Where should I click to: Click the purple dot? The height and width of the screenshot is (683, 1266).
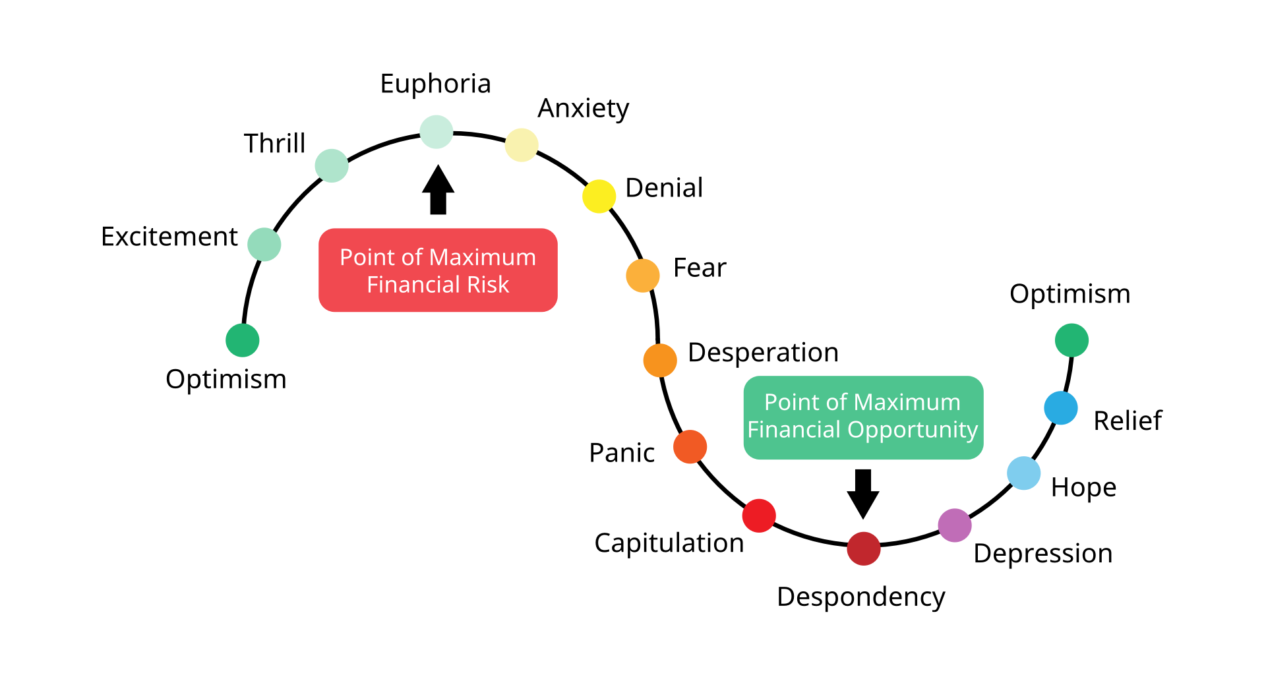[954, 525]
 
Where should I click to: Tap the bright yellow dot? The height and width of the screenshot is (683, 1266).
[599, 196]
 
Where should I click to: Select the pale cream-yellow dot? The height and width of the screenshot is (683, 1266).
[522, 145]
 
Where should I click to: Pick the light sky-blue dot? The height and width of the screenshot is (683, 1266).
[1023, 473]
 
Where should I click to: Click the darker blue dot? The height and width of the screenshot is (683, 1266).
[1060, 408]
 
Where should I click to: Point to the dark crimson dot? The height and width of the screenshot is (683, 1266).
[863, 549]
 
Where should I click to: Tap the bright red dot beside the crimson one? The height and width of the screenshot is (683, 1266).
[759, 516]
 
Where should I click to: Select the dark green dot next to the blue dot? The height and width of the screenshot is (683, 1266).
[1071, 340]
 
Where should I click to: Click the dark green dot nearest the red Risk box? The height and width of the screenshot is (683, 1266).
[243, 340]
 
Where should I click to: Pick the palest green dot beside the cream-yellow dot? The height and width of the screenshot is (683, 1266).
[436, 132]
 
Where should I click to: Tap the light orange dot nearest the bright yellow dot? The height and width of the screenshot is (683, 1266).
[643, 276]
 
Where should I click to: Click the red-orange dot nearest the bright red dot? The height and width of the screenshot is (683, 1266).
[690, 447]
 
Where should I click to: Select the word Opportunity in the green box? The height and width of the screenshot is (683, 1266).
[913, 431]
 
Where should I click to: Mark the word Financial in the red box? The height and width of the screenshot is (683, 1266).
[413, 285]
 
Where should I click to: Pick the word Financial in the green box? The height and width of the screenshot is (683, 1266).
[795, 430]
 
